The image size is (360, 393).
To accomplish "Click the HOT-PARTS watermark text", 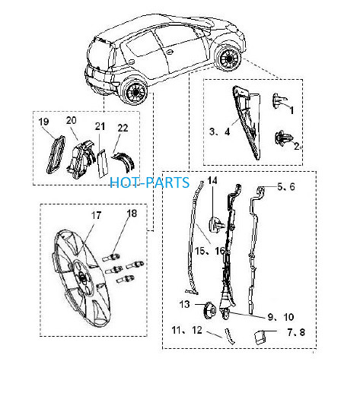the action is [x=150, y=182].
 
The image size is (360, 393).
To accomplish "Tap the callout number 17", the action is [x=96, y=215].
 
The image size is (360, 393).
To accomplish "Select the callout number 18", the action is [x=132, y=214].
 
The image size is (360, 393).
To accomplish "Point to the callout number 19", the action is [x=43, y=122].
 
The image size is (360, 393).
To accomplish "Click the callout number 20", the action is [x=71, y=120].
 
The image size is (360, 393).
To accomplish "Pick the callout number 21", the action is [x=100, y=126].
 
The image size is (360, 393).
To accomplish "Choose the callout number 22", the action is [x=123, y=128].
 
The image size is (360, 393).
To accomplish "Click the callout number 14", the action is [x=212, y=180].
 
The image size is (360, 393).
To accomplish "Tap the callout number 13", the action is [x=184, y=304].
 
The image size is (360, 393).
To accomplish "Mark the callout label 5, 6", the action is [x=286, y=187].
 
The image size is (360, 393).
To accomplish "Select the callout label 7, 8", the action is [x=296, y=332].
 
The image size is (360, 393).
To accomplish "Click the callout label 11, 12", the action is [x=186, y=330].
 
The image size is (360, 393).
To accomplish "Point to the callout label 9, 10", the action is [x=281, y=317].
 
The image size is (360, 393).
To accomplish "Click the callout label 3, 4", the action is [x=220, y=132].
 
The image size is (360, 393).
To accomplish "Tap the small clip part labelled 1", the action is [x=279, y=100].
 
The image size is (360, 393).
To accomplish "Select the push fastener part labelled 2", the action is [x=282, y=138].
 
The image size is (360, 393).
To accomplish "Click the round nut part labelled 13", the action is [x=209, y=310].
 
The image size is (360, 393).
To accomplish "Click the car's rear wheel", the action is [x=134, y=91].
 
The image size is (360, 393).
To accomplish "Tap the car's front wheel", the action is [x=228, y=58].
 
